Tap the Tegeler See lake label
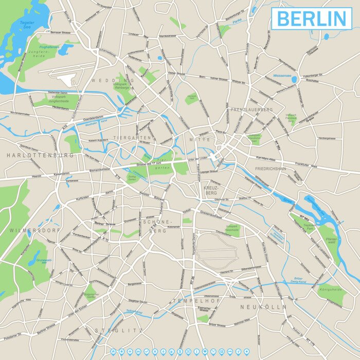pyautogui.click(x=27, y=26)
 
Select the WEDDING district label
pyautogui.click(x=113, y=81)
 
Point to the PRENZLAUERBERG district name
pyautogui.click(x=252, y=110)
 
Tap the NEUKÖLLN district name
pyautogui.click(x=263, y=307)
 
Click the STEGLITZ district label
pyautogui.click(x=112, y=330)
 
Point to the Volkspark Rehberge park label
pyautogui.click(x=122, y=84)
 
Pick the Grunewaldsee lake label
pyautogui.click(x=46, y=262)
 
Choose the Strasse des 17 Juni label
pyautogui.click(x=152, y=164)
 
